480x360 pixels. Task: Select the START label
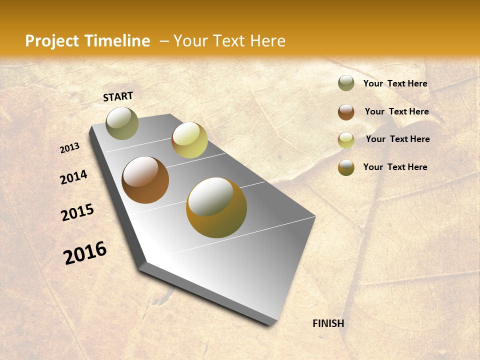pyautogui.click(x=118, y=96)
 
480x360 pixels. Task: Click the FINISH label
pyautogui.click(x=328, y=323)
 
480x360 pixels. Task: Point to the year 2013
pyautogui.click(x=70, y=148)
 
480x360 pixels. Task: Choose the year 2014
pyautogui.click(x=73, y=177)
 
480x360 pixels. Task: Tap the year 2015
pyautogui.click(x=77, y=212)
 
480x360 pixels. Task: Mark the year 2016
pyautogui.click(x=85, y=252)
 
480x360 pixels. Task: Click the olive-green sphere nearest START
pyautogui.click(x=122, y=123)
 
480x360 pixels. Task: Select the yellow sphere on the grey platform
pyautogui.click(x=189, y=140)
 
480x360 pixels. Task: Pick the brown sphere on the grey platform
pyautogui.click(x=145, y=180)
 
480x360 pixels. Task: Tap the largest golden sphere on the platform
pyautogui.click(x=216, y=207)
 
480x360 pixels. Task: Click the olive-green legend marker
pyautogui.click(x=346, y=83)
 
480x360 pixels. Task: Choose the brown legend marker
pyautogui.click(x=346, y=112)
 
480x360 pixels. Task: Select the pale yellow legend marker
pyautogui.click(x=346, y=140)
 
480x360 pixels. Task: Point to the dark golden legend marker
pyautogui.click(x=346, y=167)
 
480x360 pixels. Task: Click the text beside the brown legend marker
pyautogui.click(x=396, y=111)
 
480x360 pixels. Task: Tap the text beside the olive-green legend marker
pyautogui.click(x=395, y=83)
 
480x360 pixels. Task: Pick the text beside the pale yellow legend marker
pyautogui.click(x=397, y=139)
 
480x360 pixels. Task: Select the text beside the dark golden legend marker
pyautogui.click(x=395, y=167)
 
